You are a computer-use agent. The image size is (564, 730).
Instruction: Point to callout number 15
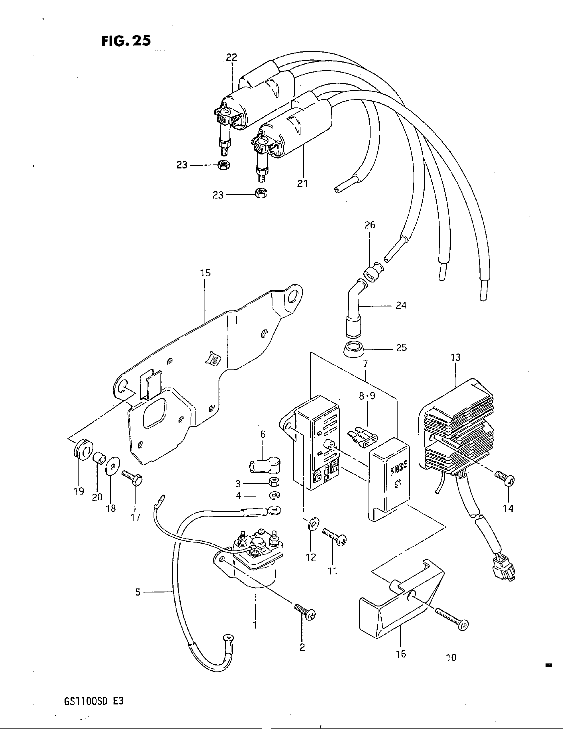(x=205, y=273)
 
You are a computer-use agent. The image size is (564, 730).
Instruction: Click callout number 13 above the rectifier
(x=456, y=357)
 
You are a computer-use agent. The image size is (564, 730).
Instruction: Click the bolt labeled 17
(x=133, y=477)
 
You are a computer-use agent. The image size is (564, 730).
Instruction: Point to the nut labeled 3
(x=275, y=482)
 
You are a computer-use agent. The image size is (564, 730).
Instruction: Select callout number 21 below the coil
(x=302, y=183)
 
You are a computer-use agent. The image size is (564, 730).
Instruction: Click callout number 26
(x=370, y=225)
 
